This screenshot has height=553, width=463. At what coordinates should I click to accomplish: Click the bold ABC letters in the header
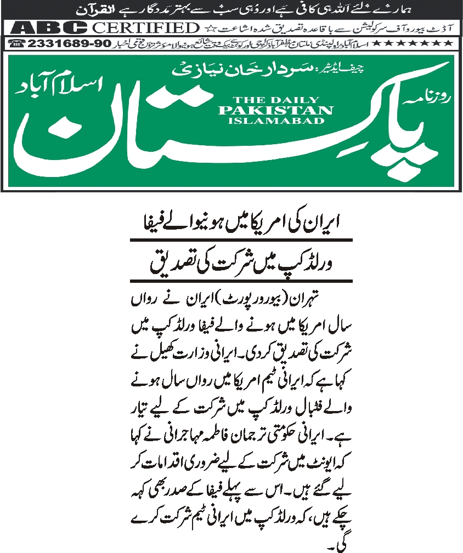[49, 27]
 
